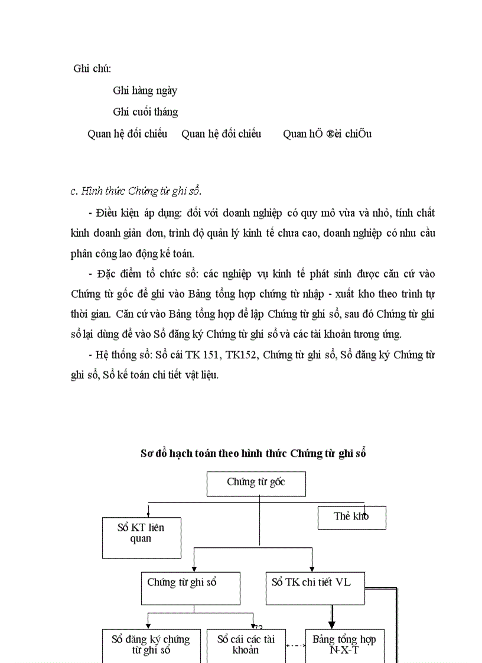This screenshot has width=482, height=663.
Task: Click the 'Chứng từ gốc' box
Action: (256, 484)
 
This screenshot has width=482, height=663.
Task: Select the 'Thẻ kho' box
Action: (351, 517)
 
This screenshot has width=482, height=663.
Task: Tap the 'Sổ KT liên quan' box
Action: (141, 537)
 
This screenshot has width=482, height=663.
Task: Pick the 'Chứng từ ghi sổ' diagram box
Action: (190, 588)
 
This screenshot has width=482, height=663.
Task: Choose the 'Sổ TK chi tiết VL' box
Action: (315, 588)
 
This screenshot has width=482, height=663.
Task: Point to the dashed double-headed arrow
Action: (295, 646)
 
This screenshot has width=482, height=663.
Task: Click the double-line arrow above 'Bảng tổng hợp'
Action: (332, 617)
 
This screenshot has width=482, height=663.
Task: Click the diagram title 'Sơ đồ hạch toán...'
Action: (253, 453)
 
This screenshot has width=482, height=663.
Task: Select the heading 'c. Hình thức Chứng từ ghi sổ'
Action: (136, 191)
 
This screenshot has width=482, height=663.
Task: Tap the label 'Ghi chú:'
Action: (92, 68)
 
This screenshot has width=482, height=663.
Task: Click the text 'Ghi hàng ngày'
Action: (145, 91)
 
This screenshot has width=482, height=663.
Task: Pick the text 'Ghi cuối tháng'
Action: (145, 112)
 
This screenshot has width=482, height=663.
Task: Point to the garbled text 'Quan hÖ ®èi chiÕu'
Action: (327, 134)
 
